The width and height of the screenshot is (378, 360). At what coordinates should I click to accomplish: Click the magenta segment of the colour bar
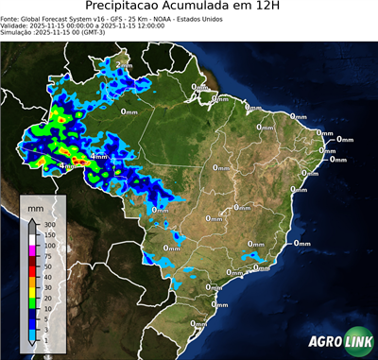click(x=32, y=251)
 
